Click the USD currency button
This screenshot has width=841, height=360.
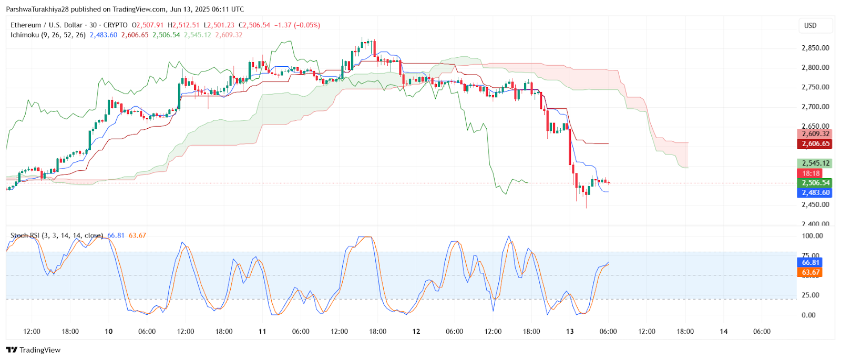coord(810,25)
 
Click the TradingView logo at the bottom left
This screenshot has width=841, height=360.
coord(34,350)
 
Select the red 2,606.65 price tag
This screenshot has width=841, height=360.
coord(815,143)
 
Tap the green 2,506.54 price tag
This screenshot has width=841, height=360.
coord(815,183)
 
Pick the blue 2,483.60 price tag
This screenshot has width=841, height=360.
coord(815,193)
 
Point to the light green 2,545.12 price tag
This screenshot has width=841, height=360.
coord(815,163)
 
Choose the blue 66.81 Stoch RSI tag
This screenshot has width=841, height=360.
coord(811,262)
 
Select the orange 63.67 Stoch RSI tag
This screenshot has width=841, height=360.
coord(811,272)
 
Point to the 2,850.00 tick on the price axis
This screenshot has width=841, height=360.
coord(815,48)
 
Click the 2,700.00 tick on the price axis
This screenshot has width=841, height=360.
coord(815,107)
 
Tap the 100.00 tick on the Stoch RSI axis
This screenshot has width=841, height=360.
coord(812,236)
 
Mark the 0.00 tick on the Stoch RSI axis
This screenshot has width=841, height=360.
coord(808,315)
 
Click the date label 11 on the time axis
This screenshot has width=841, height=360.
coord(262,332)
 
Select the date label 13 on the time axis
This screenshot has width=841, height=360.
coord(570,332)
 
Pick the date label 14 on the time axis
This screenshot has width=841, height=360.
coord(724,332)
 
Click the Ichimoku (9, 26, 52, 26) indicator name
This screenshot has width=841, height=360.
coord(48,35)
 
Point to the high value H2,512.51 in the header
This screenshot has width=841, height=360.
coord(183,25)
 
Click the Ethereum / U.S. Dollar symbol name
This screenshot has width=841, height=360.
coord(47,25)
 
